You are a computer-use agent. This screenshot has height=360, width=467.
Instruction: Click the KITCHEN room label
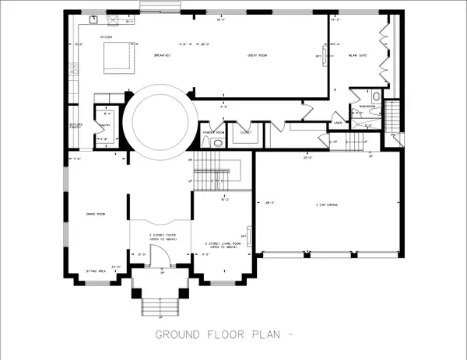point(107,37)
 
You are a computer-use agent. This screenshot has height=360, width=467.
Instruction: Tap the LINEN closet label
point(339,122)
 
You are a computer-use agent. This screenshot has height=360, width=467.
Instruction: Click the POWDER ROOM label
point(213,132)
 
